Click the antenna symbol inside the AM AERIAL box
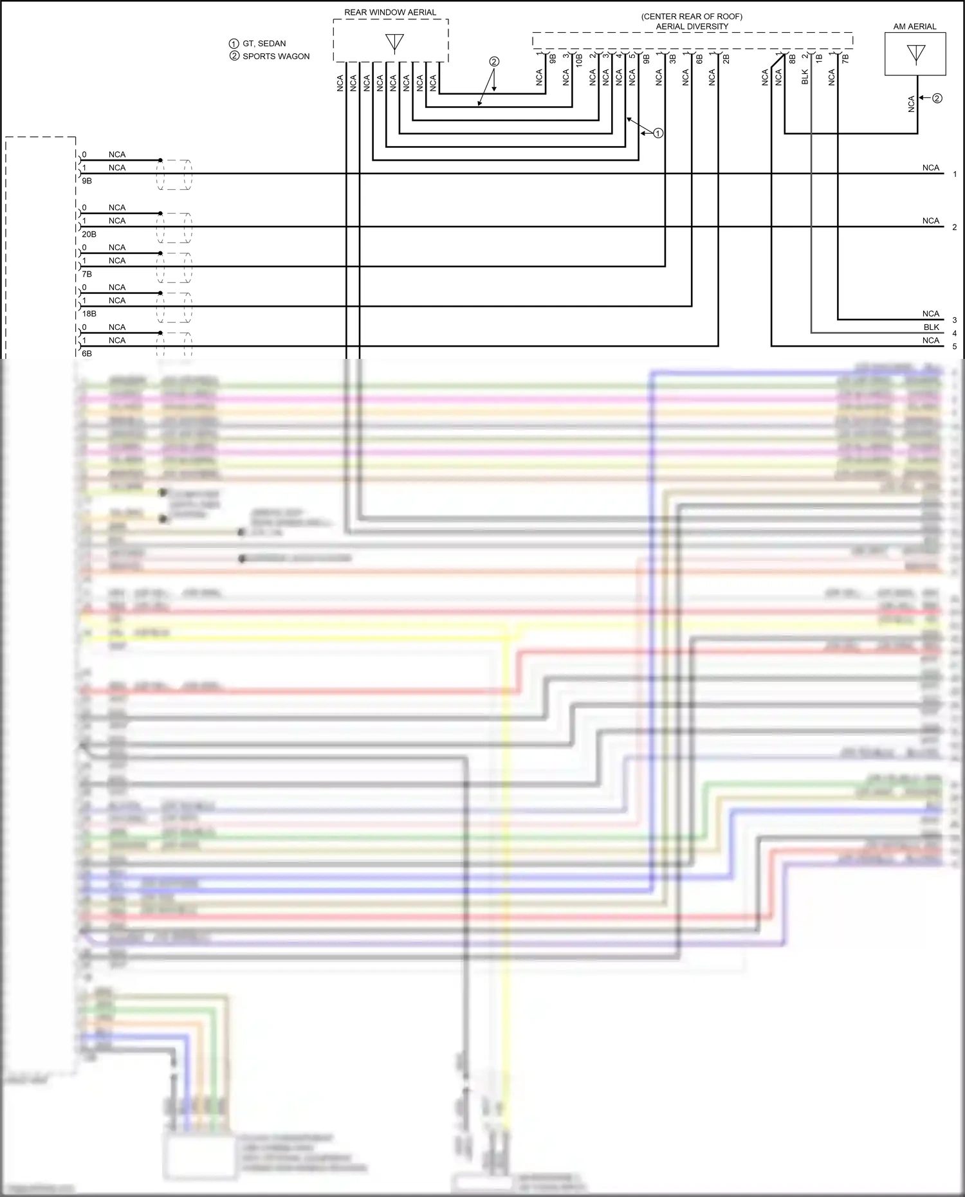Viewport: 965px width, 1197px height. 915,54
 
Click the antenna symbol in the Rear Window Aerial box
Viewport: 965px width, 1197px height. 394,43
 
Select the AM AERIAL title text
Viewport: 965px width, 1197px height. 915,26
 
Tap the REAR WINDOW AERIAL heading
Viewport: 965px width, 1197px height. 390,12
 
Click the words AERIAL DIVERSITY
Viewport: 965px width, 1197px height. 692,26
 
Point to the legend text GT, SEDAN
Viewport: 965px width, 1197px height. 264,43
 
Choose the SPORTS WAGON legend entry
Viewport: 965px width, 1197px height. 275,56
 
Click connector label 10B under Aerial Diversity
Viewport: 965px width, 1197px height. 579,60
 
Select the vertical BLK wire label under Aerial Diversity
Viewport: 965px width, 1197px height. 805,77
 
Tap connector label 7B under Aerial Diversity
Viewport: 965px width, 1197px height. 845,58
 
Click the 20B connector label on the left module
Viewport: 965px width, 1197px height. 89,234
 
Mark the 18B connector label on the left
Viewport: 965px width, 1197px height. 89,314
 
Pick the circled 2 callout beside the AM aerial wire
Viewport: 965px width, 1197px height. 937,98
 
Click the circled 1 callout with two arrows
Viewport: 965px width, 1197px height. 657,133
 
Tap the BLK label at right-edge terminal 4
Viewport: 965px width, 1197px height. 931,327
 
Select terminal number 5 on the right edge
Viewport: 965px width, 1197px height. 955,347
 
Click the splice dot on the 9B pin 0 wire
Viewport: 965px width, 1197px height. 160,160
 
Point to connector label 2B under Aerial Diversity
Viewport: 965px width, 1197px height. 726,58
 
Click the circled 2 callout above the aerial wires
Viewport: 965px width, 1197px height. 494,62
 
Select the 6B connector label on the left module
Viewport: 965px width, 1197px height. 87,354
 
